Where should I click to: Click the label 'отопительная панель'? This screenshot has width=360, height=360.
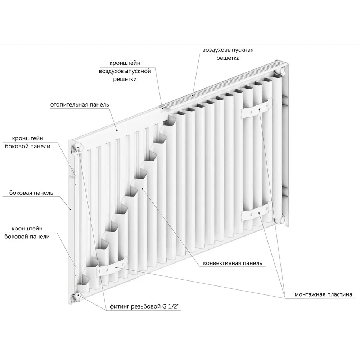(x=80, y=105)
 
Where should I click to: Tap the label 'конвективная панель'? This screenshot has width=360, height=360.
(x=232, y=263)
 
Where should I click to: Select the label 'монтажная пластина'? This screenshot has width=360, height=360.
(x=323, y=294)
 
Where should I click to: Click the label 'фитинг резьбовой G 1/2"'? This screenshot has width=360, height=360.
(x=144, y=306)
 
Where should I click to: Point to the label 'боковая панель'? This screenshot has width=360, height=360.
(x=31, y=193)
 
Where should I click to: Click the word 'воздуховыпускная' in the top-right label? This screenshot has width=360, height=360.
(x=228, y=50)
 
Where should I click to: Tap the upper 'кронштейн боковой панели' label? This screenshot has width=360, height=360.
(x=28, y=142)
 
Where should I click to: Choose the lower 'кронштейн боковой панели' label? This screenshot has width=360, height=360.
(x=27, y=233)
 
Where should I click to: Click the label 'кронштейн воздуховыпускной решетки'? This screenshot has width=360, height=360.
(x=125, y=71)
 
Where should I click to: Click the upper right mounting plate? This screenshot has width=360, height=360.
(x=256, y=109)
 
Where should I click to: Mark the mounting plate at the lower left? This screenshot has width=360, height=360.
(x=112, y=267)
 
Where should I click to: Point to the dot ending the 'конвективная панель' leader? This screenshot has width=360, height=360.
(x=143, y=189)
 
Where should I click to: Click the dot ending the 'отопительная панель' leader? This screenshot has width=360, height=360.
(x=117, y=131)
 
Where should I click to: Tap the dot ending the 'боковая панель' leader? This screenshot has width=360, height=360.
(x=71, y=209)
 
